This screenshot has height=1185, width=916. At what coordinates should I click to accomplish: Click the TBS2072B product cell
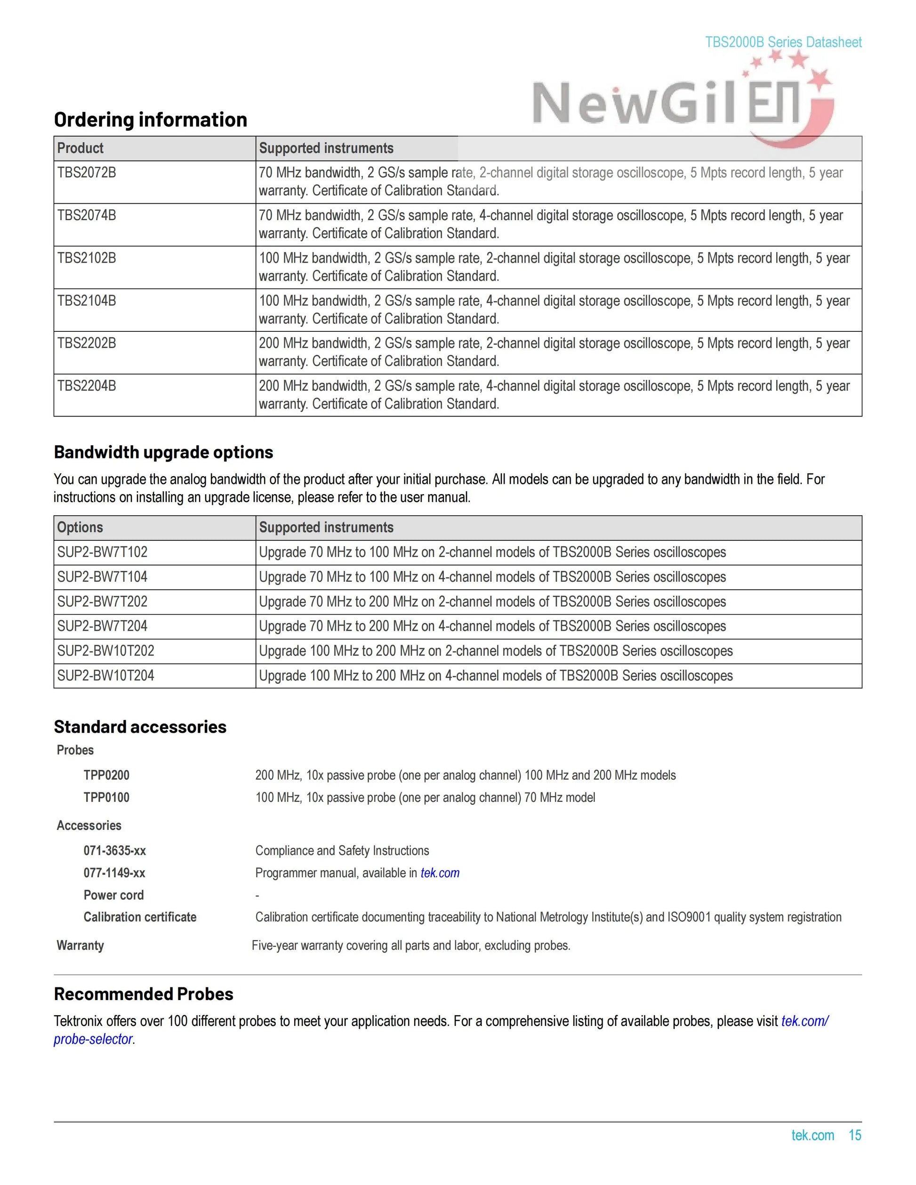pyautogui.click(x=87, y=173)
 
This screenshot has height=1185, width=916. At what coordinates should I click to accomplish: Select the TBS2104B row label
pyautogui.click(x=87, y=301)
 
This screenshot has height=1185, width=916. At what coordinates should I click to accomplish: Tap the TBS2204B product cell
pyautogui.click(x=87, y=386)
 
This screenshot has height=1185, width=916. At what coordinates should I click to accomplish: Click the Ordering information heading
pyautogui.click(x=150, y=120)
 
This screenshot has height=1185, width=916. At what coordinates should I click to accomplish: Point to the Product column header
pyautogui.click(x=80, y=148)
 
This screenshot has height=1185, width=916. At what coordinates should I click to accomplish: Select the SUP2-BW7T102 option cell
pyautogui.click(x=102, y=552)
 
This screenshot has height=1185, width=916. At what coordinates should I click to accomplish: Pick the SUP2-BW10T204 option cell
pyautogui.click(x=106, y=676)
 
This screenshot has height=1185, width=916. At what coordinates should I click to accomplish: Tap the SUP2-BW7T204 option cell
pyautogui.click(x=102, y=626)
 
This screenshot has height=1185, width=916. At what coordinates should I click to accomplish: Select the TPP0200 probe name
pyautogui.click(x=106, y=776)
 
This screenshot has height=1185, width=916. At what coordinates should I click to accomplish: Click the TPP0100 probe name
pyautogui.click(x=106, y=798)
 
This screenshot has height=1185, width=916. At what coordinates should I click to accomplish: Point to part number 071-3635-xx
pyautogui.click(x=114, y=851)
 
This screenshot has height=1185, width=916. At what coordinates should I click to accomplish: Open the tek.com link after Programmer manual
pyautogui.click(x=440, y=873)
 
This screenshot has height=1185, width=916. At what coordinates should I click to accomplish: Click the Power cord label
pyautogui.click(x=113, y=895)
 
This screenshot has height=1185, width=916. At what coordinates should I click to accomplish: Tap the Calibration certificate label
pyautogui.click(x=140, y=918)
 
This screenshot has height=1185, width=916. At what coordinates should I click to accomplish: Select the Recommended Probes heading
pyautogui.click(x=144, y=994)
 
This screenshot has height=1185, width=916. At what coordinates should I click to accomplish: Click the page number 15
pyautogui.click(x=855, y=1136)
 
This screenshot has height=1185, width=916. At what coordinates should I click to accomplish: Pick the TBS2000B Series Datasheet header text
pyautogui.click(x=783, y=42)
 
